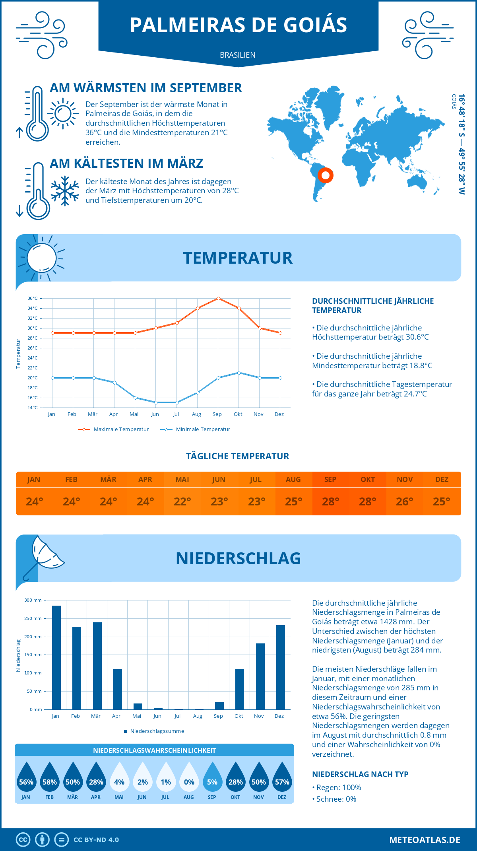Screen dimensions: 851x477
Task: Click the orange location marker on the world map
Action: point(325,175)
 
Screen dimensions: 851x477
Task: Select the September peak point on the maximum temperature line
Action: point(218,298)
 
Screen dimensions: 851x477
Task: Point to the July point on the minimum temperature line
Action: point(177,402)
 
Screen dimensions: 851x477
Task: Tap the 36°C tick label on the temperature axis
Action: point(33,298)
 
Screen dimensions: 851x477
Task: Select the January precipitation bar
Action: point(56,657)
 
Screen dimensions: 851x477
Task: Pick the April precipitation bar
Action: point(118,689)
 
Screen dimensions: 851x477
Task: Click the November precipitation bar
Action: point(260,676)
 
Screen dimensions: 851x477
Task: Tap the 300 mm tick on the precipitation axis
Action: point(33,600)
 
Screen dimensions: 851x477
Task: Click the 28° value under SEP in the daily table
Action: point(330,501)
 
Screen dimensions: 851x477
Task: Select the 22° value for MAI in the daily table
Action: point(182,501)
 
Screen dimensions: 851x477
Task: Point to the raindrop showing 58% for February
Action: point(50,777)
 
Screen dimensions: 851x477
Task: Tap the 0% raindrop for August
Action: point(189,777)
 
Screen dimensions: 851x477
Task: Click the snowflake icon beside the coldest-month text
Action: point(65,190)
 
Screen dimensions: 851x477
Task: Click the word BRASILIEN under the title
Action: point(238,55)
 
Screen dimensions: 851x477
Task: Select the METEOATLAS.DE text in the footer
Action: point(425,840)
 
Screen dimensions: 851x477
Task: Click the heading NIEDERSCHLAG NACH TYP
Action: point(360,774)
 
